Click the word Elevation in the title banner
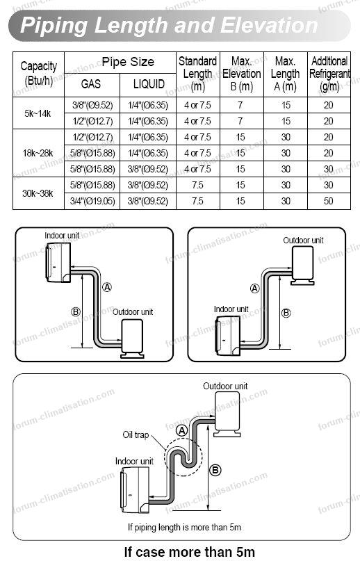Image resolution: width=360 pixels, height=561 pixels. (269, 26)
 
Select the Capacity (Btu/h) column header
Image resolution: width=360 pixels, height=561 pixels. (39, 74)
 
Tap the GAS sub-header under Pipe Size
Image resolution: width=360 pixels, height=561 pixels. (91, 84)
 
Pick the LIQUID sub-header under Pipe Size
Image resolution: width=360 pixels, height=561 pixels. (149, 84)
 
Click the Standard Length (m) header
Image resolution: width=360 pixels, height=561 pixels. (198, 74)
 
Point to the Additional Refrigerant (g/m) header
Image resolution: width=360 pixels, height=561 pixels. (329, 74)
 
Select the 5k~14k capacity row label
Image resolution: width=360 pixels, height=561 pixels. (38, 113)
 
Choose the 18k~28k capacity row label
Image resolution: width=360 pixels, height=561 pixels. (38, 153)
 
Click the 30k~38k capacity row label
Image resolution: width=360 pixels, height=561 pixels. (38, 193)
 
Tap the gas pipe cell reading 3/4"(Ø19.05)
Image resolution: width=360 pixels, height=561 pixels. (92, 201)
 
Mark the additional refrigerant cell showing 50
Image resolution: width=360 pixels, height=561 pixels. (329, 201)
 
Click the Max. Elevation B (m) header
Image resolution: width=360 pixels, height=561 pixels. (242, 74)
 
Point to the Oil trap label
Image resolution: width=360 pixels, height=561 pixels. (136, 434)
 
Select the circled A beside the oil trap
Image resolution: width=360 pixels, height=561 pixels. (182, 431)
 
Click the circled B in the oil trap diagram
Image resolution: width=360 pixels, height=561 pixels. (215, 470)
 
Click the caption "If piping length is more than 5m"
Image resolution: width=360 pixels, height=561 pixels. (184, 527)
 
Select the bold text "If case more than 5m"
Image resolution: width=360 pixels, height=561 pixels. (189, 552)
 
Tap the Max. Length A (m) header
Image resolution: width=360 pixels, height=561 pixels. (285, 74)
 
